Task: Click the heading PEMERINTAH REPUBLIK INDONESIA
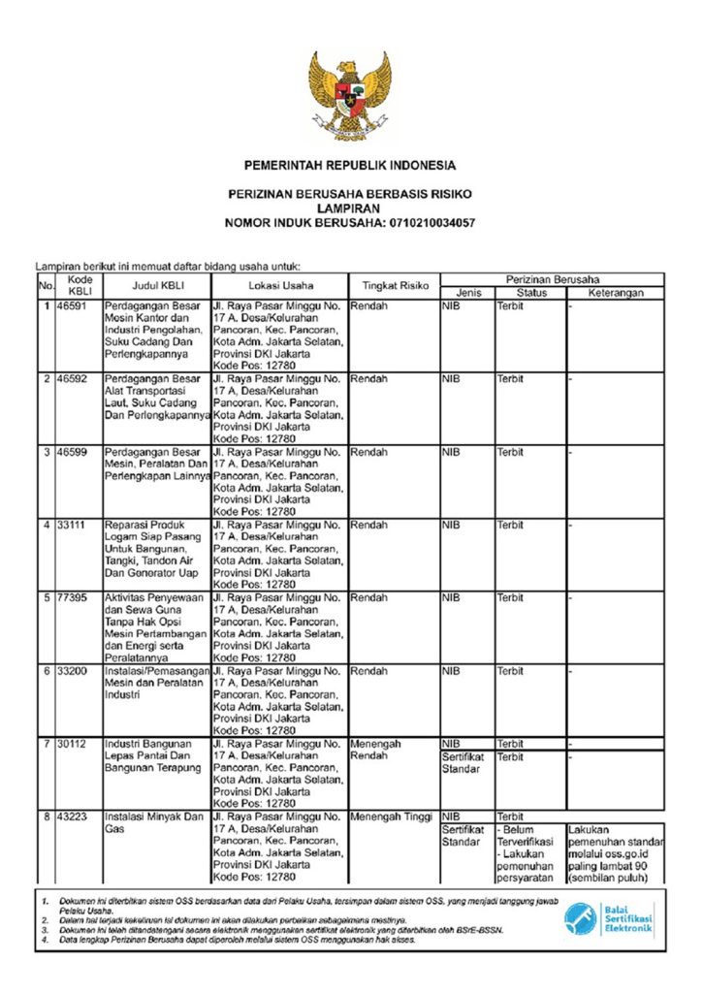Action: point(350,166)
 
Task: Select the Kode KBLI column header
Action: point(80,285)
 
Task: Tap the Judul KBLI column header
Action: point(157,286)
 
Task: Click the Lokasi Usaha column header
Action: point(279,286)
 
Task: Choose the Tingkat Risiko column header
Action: point(395,286)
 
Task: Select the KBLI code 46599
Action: point(73,452)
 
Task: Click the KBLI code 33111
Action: point(73,525)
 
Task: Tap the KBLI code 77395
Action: point(73,597)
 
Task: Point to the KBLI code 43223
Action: point(73,817)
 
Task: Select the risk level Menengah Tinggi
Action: point(391,817)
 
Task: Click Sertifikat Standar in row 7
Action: point(462,763)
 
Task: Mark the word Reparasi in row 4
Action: point(126,525)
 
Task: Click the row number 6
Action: point(46,671)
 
